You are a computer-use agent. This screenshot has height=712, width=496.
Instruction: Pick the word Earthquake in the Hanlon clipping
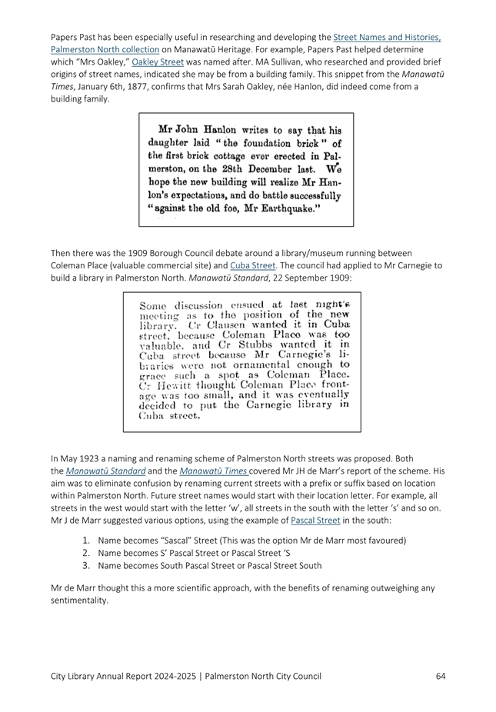click(x=304, y=209)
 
